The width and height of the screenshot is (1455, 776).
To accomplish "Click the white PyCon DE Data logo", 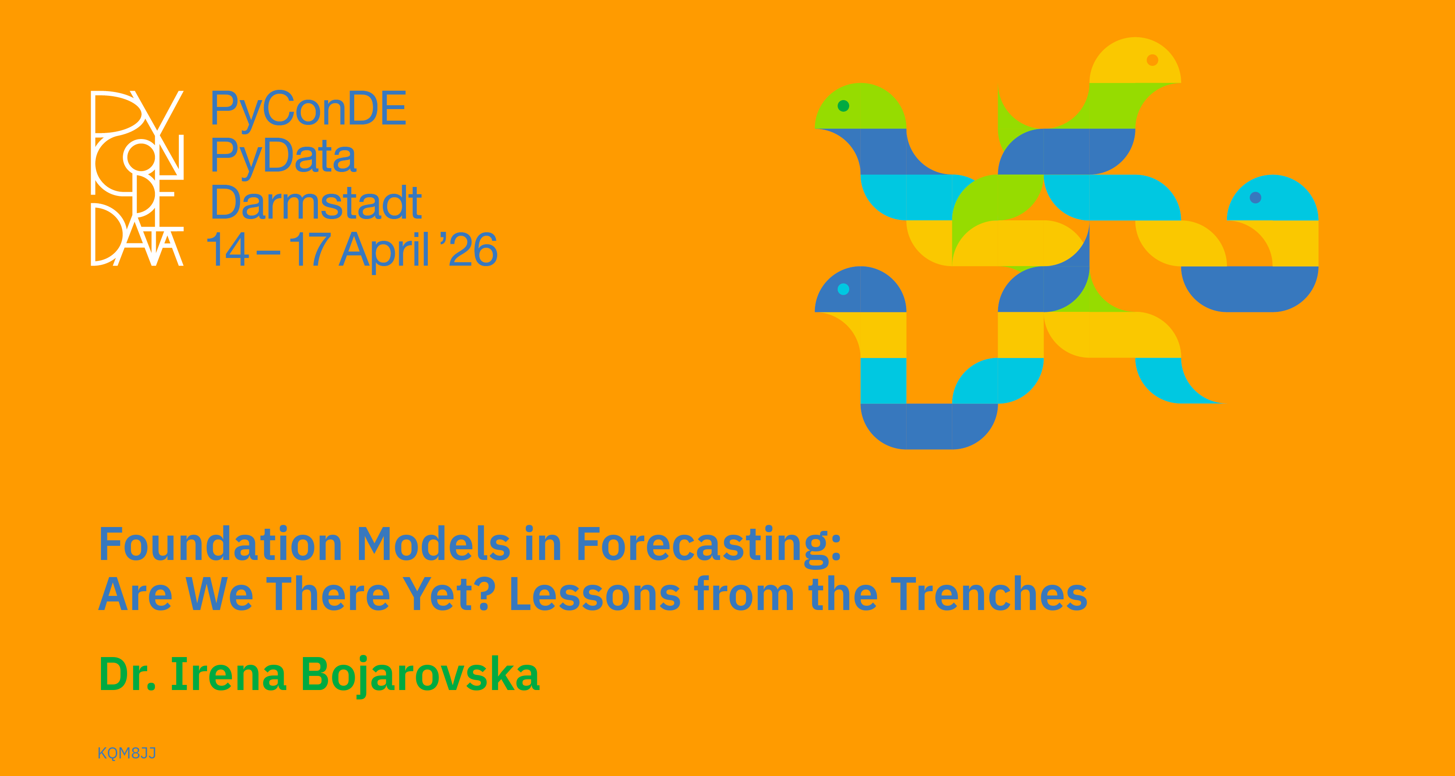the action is pos(137,178).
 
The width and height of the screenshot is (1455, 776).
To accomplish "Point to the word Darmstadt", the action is pos(316,202).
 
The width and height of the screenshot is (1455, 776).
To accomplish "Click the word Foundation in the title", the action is pos(221,543).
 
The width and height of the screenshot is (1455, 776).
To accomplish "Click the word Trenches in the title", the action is pos(989,594).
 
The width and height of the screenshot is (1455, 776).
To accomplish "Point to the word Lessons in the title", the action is pos(595,594).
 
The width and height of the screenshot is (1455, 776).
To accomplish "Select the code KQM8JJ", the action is pos(127,753).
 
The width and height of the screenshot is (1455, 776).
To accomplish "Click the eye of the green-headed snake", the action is pos(843,106).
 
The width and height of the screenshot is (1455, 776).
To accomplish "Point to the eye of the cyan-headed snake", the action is pos(1256,198).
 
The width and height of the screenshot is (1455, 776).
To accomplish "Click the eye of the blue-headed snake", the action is pos(843,289).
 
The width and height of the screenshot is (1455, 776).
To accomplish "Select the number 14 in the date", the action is pos(228,249).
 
